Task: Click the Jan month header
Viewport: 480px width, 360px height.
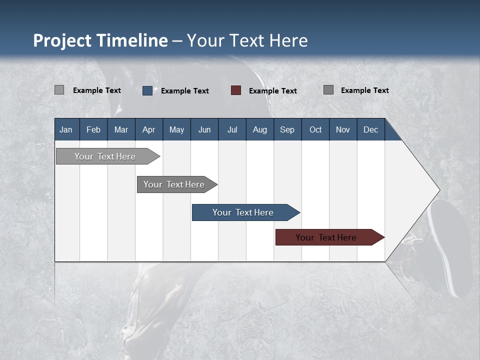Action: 66,129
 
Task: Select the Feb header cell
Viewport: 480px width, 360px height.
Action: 93,129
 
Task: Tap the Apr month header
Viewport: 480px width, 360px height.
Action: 148,129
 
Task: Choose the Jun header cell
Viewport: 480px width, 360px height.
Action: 204,129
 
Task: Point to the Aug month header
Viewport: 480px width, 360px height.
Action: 259,129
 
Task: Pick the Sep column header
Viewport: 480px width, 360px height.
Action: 287,129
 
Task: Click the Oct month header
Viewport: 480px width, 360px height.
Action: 315,129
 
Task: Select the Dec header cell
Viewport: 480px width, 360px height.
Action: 370,129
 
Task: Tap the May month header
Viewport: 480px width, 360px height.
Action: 176,129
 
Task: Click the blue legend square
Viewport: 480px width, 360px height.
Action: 147,90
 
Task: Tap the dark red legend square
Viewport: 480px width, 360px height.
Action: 236,90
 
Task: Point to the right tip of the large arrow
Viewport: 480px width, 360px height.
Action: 438,190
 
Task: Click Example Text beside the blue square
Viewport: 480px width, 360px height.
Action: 185,90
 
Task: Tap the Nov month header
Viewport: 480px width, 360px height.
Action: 343,129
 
